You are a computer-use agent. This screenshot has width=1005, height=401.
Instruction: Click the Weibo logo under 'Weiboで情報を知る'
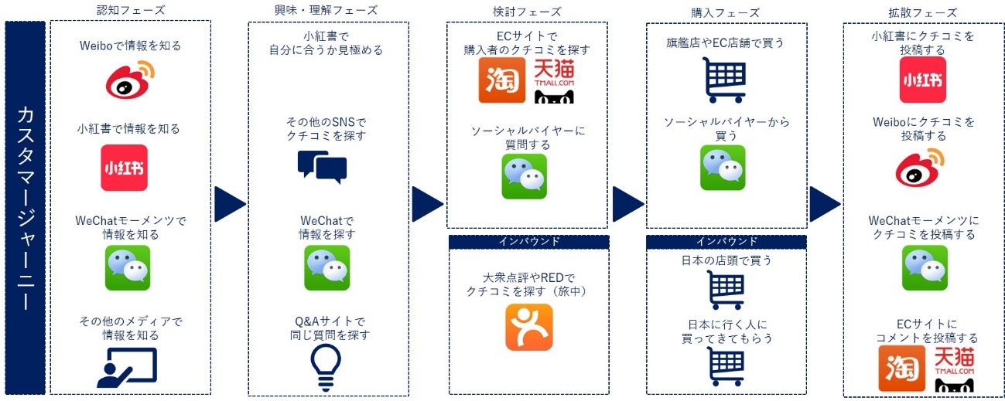click(130, 80)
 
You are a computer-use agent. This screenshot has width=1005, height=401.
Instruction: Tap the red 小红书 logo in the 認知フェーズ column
click(125, 168)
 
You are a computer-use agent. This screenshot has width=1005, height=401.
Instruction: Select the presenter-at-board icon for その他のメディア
click(127, 368)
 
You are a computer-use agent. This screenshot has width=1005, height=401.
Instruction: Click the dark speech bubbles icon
click(322, 167)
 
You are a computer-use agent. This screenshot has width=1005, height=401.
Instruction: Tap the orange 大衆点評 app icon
click(529, 327)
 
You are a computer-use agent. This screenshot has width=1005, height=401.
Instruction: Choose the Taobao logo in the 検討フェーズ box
click(502, 80)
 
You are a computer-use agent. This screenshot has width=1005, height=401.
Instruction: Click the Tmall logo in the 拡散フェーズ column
click(954, 370)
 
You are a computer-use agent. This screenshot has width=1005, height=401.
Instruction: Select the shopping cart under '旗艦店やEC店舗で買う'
click(724, 80)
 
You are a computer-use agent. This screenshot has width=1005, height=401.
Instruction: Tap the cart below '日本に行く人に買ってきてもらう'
click(727, 366)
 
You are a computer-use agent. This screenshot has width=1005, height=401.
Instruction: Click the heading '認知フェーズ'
click(131, 10)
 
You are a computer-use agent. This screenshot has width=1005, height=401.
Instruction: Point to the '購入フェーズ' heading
click(726, 12)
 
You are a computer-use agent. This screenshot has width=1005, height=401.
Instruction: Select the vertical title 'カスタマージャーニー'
click(26, 209)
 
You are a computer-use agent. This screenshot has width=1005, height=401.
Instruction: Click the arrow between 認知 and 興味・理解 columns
click(230, 204)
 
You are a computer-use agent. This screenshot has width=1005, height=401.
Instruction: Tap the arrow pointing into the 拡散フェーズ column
click(825, 204)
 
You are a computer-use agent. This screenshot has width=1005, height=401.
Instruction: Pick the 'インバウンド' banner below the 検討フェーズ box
click(529, 242)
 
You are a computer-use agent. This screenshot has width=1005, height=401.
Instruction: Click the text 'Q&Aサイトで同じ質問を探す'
click(330, 328)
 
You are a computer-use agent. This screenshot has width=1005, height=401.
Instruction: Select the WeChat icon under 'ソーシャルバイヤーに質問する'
click(524, 176)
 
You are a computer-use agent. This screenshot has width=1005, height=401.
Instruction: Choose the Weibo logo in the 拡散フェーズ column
click(920, 168)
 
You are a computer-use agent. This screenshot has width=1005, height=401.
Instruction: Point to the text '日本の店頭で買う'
click(726, 260)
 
